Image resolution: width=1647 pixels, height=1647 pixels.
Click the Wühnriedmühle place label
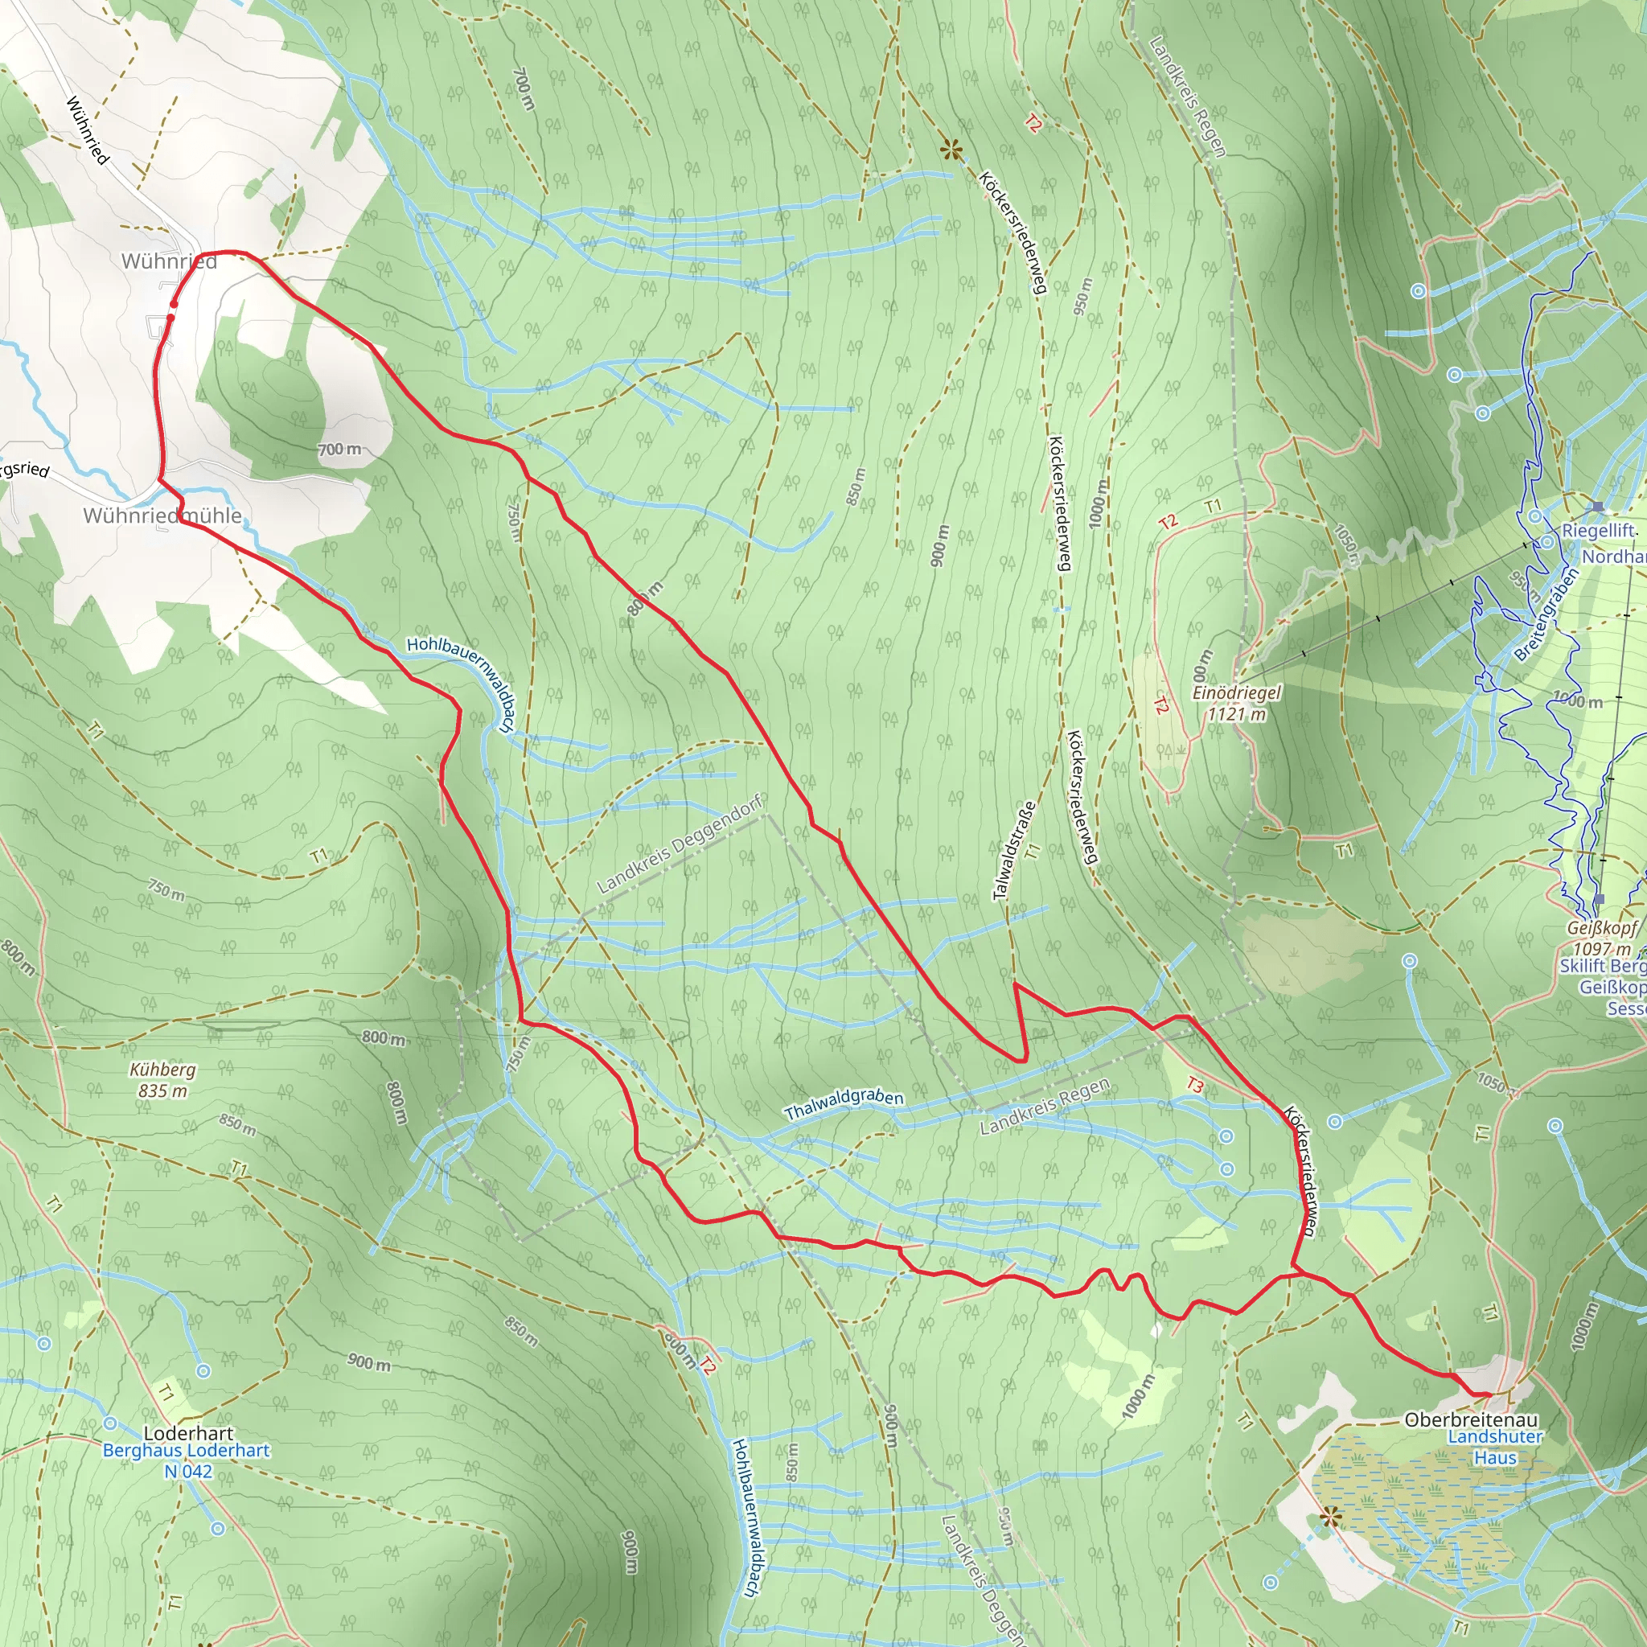162,515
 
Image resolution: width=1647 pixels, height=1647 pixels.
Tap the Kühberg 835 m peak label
162,1080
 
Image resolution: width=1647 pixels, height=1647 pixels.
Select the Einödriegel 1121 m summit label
1236,704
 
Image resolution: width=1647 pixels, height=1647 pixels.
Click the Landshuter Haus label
1495,1448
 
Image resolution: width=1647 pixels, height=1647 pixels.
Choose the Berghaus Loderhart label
186,1450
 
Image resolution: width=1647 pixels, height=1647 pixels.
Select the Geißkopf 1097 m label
1602,939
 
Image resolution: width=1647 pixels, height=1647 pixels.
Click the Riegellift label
1599,530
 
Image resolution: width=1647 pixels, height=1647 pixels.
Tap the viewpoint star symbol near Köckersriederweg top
951,152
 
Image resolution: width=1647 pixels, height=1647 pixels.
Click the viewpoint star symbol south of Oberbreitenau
1330,1518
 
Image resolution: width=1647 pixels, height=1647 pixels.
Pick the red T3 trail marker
1195,1085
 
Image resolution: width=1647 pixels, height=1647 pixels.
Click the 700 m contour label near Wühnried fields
339,450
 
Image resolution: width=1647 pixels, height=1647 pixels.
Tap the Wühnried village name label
169,261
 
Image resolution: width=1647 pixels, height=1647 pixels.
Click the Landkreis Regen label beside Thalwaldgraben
1045,1107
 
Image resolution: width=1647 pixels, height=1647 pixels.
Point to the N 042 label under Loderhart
187,1471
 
